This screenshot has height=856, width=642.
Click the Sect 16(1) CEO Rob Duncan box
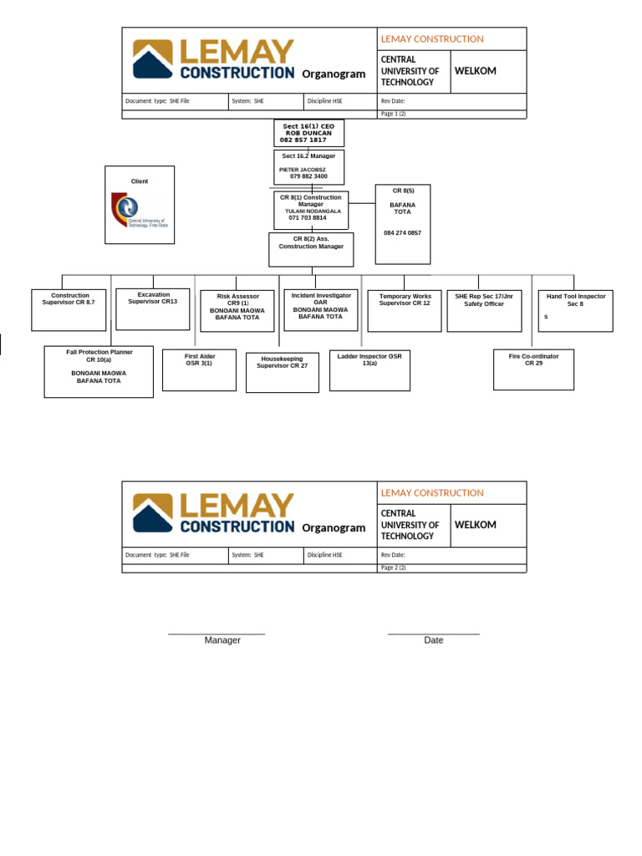point(308,133)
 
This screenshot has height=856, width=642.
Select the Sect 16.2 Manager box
point(308,166)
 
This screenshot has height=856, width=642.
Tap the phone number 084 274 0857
point(403,232)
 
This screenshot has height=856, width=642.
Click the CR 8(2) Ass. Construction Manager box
point(311,249)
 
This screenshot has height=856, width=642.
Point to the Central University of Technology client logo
point(139,210)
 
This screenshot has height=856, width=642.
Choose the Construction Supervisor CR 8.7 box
point(69,309)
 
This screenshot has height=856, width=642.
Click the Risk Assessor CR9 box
point(237,311)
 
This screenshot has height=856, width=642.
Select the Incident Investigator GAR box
point(320,310)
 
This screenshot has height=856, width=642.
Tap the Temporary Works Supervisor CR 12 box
point(405,310)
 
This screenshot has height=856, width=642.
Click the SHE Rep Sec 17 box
point(484,310)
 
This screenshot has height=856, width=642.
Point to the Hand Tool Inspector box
point(575,310)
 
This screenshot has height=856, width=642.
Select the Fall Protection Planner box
point(99,371)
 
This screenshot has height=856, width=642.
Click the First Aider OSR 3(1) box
point(199,369)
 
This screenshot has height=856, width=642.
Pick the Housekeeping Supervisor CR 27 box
point(282,372)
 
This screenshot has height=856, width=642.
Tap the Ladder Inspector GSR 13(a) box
point(369,369)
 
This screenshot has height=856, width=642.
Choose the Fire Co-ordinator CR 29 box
point(533,369)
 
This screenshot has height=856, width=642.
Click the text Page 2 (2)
point(393,568)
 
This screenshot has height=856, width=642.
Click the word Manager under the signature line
point(222,640)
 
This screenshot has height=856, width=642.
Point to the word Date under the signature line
point(433,640)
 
